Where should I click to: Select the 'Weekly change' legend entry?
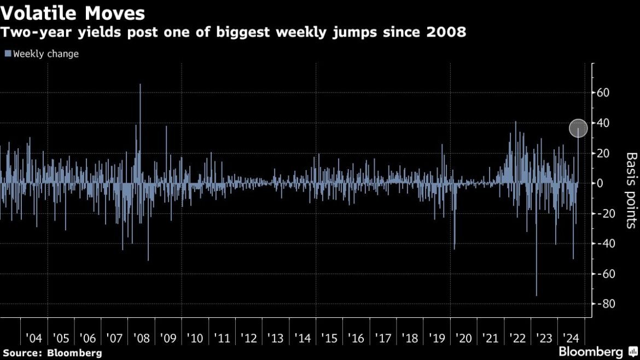[x=42, y=54]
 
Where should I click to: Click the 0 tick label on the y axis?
[x=600, y=183]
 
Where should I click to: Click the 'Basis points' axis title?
[x=631, y=190]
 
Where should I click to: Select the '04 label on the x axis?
[x=34, y=338]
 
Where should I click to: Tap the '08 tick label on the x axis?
[x=142, y=338]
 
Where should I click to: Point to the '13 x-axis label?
[x=276, y=338]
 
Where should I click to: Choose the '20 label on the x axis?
[x=463, y=338]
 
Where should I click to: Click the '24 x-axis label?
[x=570, y=338]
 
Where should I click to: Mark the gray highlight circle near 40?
[x=578, y=129]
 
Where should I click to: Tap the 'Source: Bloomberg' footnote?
[x=53, y=352]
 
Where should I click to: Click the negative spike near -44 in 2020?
[x=455, y=247]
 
